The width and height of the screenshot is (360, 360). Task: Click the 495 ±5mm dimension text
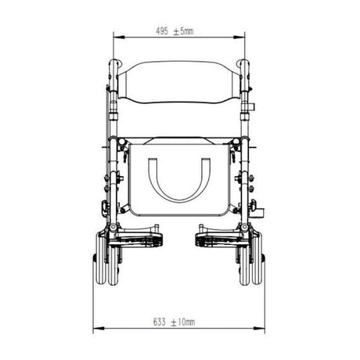point(175,31)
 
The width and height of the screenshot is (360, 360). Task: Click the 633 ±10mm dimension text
point(174,322)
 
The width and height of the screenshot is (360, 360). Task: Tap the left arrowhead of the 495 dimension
point(119,38)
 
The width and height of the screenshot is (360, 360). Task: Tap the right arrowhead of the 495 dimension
point(239,38)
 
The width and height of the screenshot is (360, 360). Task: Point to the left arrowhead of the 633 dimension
point(99,328)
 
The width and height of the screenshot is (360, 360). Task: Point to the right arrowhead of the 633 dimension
point(259,328)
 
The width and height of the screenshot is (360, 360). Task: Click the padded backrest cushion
point(179,81)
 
